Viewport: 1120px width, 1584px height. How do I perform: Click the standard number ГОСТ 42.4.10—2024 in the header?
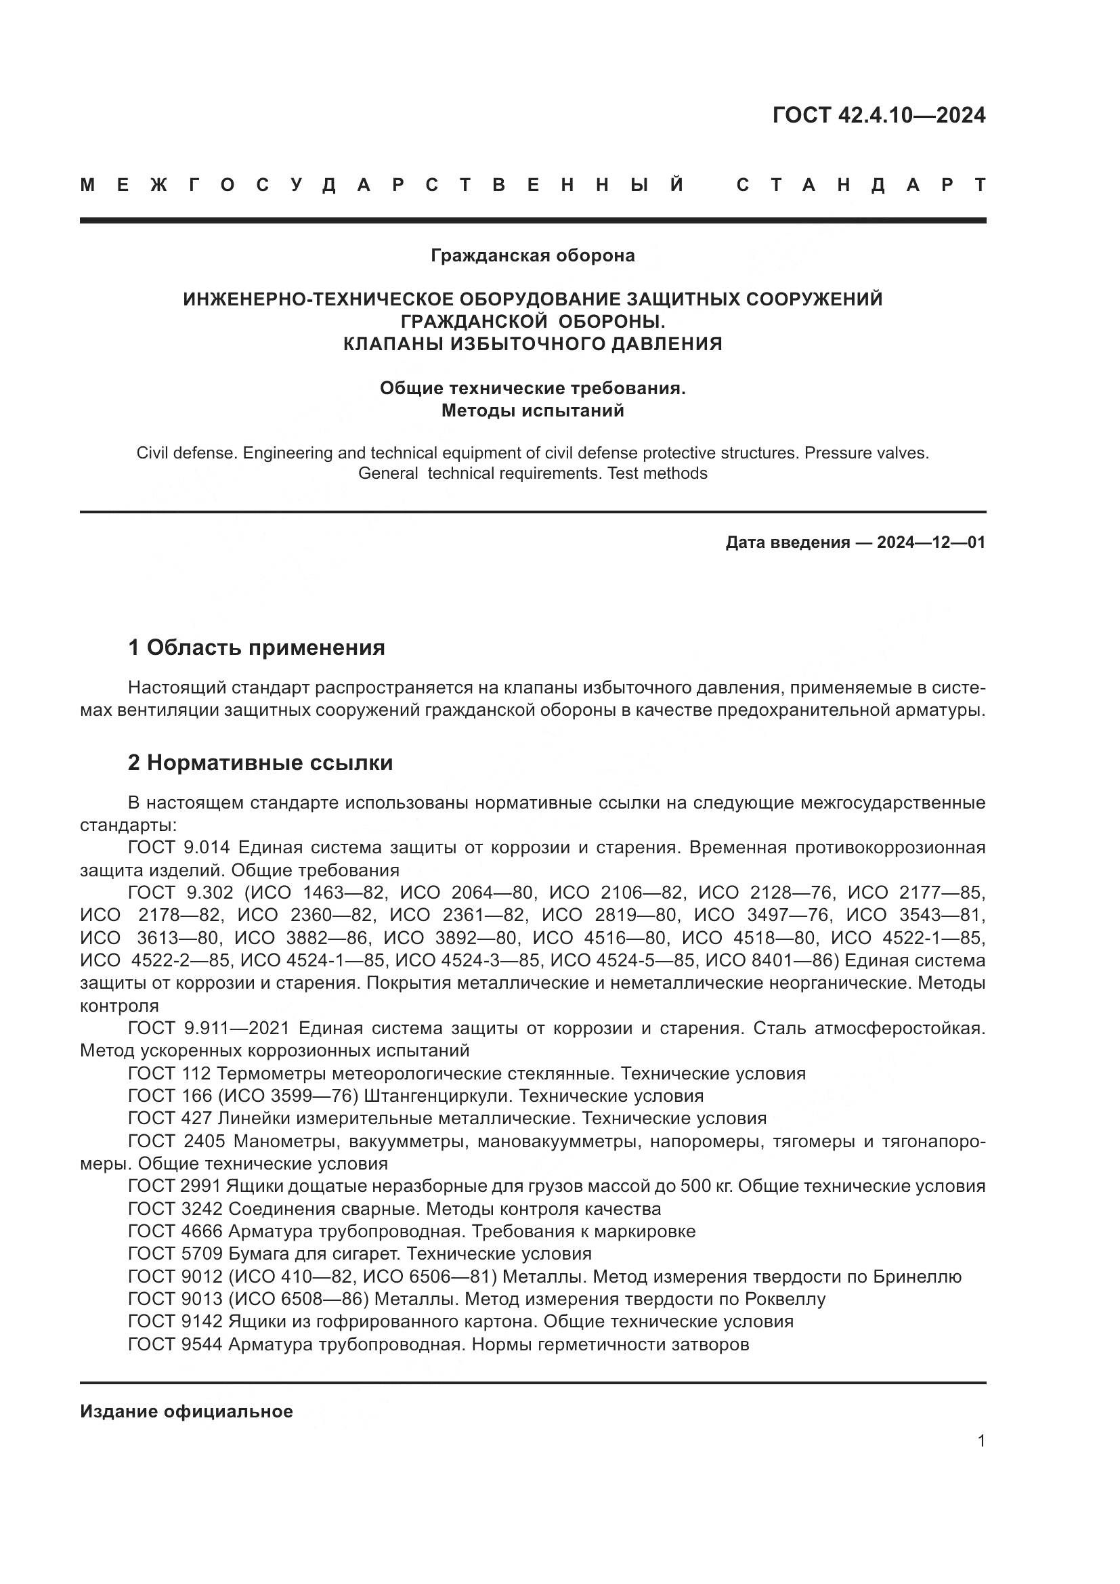click(x=878, y=115)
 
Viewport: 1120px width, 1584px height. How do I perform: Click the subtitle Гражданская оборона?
click(x=532, y=256)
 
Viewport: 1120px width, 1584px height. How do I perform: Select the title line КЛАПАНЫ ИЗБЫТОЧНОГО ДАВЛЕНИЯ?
click(x=532, y=343)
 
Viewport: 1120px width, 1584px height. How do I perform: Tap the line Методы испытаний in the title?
click(x=532, y=411)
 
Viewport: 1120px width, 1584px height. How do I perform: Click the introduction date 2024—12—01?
click(x=930, y=542)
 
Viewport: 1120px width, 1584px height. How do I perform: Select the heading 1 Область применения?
click(x=257, y=648)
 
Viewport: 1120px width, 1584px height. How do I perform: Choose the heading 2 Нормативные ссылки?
click(x=261, y=763)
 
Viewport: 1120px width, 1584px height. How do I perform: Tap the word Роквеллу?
click(x=785, y=1299)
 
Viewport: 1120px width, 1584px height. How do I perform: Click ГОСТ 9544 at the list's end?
click(x=175, y=1344)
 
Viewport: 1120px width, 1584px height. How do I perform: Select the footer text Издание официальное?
click(x=186, y=1411)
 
